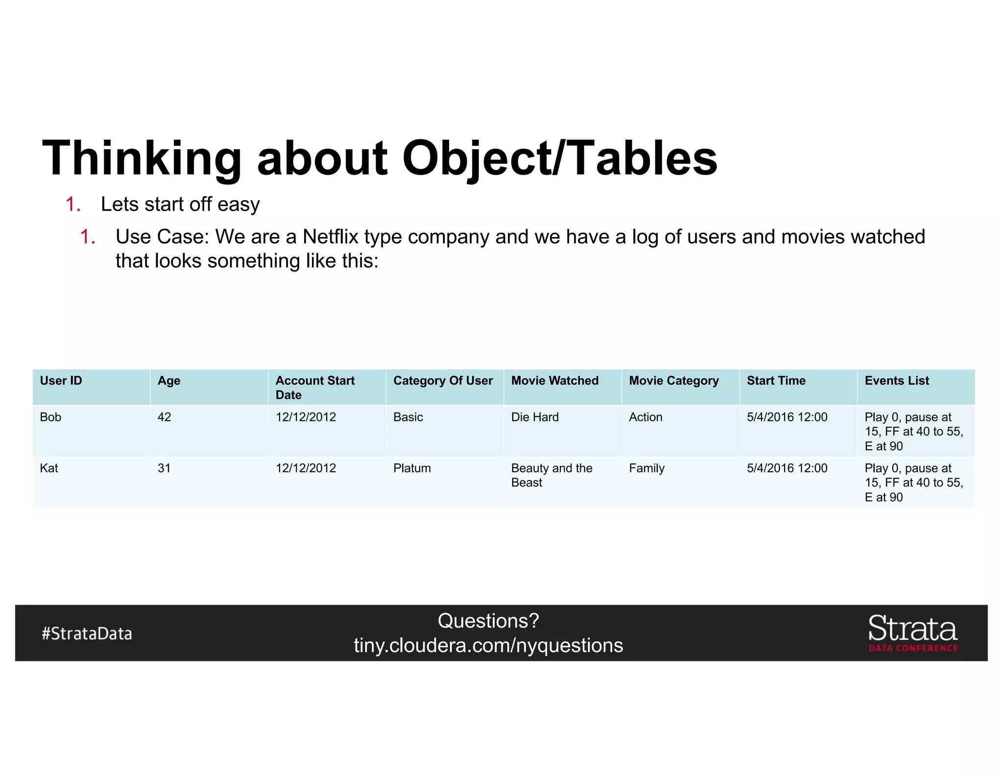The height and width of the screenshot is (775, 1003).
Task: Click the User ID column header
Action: pos(61,381)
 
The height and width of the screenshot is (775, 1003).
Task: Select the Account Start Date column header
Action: pos(315,387)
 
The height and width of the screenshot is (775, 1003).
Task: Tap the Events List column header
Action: pos(896,381)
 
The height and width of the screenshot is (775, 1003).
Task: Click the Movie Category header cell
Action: pos(674,381)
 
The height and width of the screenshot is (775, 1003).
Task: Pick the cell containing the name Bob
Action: pos(50,417)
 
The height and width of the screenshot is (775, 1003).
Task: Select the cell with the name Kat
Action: pos(49,468)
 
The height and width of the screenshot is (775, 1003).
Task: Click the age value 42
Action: pos(164,417)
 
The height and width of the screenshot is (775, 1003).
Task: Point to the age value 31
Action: pos(164,468)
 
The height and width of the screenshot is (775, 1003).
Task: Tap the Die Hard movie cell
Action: pos(535,417)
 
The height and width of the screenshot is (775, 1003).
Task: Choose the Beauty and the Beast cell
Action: pos(551,475)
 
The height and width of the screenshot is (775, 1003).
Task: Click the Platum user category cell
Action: pos(412,468)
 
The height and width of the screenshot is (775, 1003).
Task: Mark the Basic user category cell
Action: pos(408,417)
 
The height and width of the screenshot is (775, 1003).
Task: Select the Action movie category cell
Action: pos(645,417)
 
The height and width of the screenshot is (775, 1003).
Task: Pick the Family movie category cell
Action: pos(646,468)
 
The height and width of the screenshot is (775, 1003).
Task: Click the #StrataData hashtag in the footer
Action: pos(87,633)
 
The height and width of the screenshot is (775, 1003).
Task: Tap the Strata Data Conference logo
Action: pos(913,633)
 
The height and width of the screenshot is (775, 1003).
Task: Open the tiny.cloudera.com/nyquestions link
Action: pos(488,645)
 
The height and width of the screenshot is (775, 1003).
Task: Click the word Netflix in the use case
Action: pos(330,237)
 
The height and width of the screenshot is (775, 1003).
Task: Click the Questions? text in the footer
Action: pos(488,621)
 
